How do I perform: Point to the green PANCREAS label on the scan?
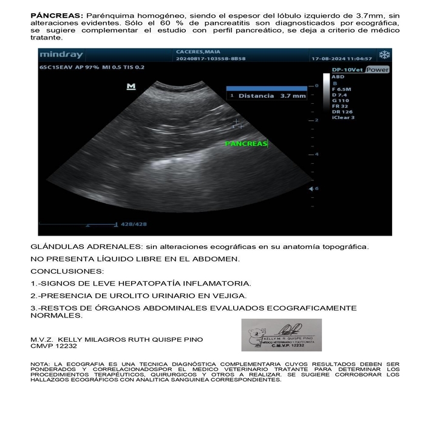[x=246, y=144]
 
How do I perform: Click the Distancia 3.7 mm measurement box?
[x=267, y=95]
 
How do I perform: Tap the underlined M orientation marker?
[x=131, y=87]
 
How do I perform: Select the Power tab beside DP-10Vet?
[x=378, y=70]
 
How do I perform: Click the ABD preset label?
[x=338, y=77]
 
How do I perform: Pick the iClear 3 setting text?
[x=342, y=118]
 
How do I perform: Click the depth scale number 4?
[x=316, y=154]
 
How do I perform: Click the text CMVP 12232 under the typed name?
[x=54, y=345]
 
